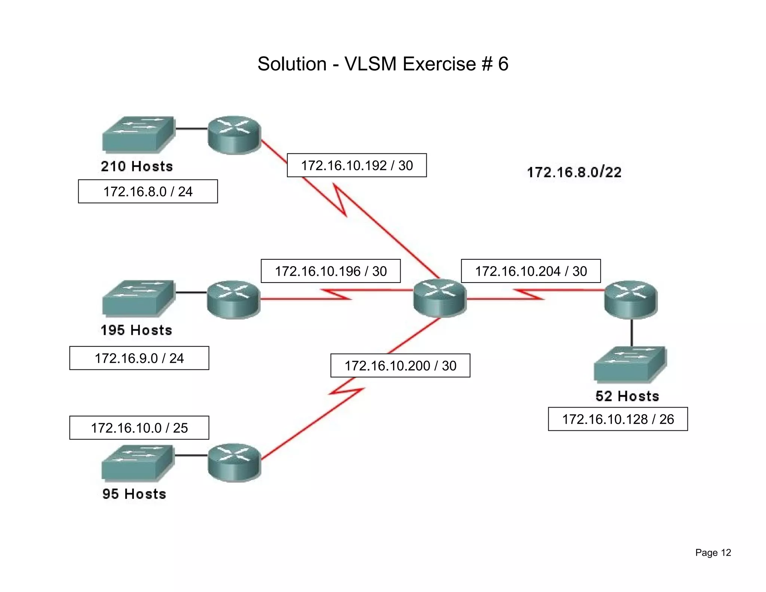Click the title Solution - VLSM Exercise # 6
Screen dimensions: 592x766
click(383, 64)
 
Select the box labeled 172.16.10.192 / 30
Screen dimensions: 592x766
click(356, 165)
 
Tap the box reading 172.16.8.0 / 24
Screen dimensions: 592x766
click(148, 191)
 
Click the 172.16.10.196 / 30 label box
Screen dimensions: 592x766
click(331, 271)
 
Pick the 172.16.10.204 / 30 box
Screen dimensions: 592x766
click(531, 271)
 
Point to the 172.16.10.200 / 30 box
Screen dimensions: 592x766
click(400, 366)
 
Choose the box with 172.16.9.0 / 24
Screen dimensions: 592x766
click(139, 358)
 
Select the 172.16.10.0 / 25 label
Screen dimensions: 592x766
click(139, 428)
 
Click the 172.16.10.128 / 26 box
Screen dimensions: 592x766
click(618, 419)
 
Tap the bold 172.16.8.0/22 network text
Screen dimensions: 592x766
click(574, 172)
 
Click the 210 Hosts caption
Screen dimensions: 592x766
click(137, 166)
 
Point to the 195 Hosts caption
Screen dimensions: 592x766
click(137, 330)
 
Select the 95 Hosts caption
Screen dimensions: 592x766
click(134, 494)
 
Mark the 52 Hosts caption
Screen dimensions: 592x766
click(627, 396)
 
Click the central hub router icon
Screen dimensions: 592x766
click(440, 298)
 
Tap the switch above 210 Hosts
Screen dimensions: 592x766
click(138, 134)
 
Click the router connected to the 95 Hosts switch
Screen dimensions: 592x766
click(234, 463)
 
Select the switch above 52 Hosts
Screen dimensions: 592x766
click(630, 364)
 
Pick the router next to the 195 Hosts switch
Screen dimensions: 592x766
click(233, 299)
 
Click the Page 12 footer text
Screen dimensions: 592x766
click(713, 553)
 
